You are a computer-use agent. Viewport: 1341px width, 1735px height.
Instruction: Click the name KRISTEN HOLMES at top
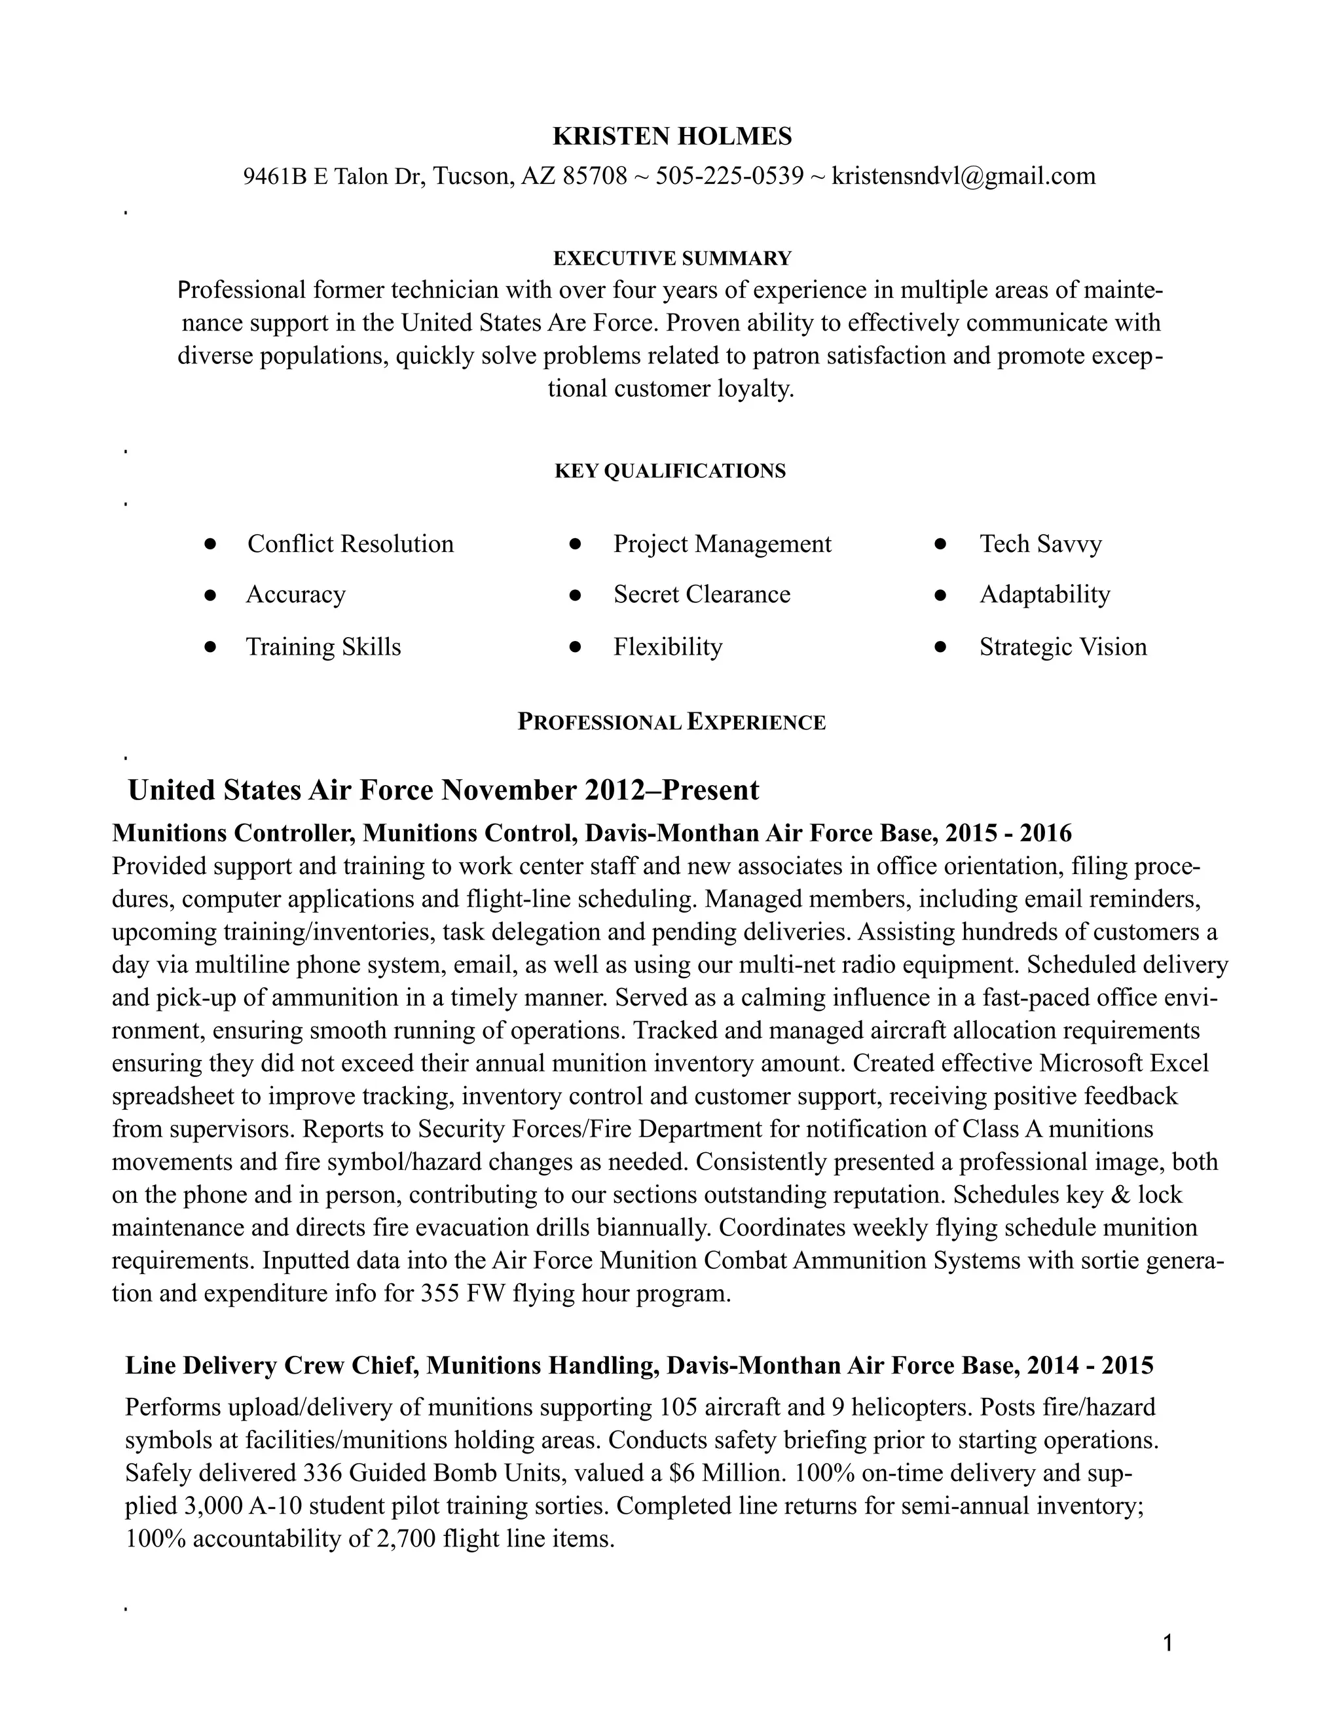point(671,137)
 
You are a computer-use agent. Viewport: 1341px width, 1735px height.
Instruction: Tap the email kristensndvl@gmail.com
point(963,175)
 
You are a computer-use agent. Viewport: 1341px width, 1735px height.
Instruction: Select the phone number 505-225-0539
point(729,175)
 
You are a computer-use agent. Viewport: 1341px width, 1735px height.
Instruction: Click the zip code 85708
point(595,175)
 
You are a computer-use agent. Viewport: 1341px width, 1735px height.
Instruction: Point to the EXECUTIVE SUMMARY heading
point(671,258)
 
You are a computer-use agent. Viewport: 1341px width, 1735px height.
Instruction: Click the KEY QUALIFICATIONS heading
point(670,471)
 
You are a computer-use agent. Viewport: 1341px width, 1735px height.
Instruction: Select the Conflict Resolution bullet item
point(350,544)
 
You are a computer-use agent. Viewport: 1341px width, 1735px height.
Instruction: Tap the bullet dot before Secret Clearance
point(576,595)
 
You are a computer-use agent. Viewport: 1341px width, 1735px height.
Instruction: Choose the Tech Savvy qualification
point(1040,544)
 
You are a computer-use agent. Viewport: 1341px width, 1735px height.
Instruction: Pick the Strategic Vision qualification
point(1062,647)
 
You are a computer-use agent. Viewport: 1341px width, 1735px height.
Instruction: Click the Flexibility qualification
point(667,647)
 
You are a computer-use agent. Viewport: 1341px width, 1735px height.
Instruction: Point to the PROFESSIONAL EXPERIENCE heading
point(671,722)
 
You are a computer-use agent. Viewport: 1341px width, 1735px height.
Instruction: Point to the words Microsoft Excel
point(1124,1063)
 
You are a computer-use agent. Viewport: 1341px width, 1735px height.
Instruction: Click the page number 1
point(1167,1643)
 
